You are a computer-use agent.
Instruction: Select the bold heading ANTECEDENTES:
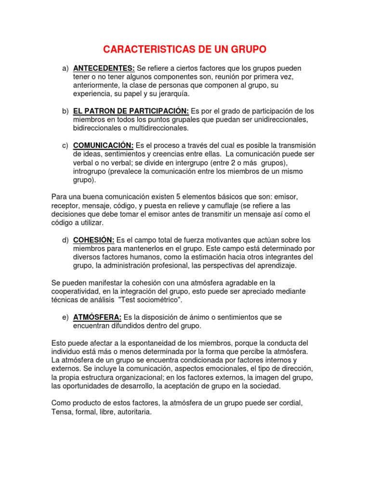104,68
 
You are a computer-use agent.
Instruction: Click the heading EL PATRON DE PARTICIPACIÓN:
131,111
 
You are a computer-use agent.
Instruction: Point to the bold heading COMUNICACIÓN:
103,145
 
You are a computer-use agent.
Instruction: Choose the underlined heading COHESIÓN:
93,240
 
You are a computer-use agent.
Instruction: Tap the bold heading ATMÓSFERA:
97,317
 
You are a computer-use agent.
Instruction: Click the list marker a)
65,68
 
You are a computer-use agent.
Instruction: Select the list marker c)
65,145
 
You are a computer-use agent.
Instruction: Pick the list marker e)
65,317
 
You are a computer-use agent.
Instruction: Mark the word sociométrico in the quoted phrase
159,300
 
